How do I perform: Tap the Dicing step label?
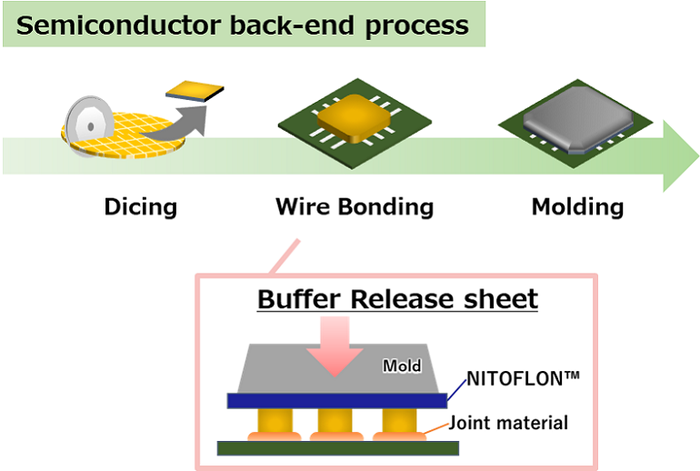[140, 207]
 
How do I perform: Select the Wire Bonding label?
[355, 207]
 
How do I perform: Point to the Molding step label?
[577, 207]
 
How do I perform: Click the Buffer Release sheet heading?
[397, 299]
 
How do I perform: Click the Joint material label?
[509, 422]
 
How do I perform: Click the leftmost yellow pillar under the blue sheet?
[274, 421]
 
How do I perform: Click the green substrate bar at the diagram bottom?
[337, 447]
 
